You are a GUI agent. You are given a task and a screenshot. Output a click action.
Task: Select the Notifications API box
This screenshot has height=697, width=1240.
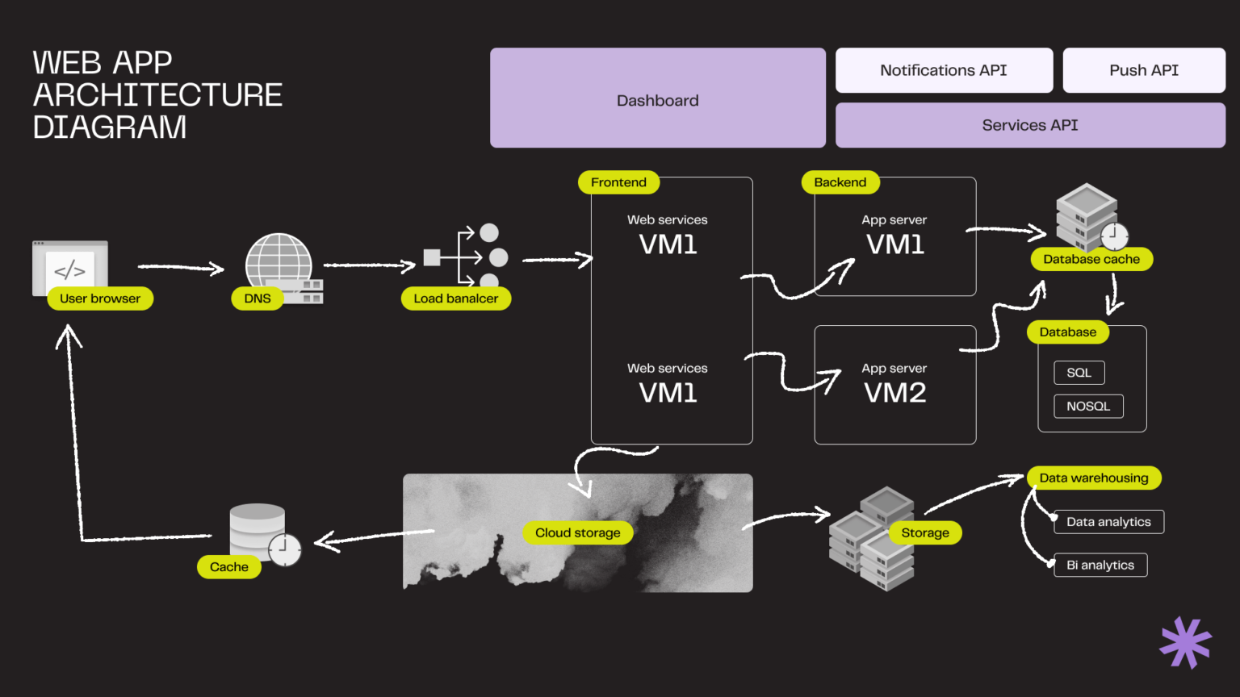coord(944,70)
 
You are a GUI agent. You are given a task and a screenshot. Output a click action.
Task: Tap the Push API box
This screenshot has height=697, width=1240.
coord(1143,70)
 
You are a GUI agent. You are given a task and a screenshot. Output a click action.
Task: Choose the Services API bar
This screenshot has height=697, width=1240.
coord(1029,125)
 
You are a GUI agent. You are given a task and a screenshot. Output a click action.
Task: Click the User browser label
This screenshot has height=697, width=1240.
coord(100,298)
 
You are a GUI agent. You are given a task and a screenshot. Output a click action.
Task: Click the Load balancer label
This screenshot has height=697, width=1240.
coord(455,298)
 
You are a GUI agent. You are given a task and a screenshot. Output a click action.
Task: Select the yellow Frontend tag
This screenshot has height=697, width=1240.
coord(618,182)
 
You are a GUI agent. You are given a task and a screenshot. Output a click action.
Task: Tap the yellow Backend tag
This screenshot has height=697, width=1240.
coord(840,182)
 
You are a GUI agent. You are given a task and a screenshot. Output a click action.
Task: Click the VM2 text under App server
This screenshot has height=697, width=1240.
coord(894,393)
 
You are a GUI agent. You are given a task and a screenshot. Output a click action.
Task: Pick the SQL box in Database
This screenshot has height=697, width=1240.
coord(1079,373)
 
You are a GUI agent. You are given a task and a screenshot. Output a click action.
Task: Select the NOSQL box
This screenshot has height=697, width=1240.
coord(1088,407)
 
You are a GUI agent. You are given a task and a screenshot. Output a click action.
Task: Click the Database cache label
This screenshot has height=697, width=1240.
coord(1091,259)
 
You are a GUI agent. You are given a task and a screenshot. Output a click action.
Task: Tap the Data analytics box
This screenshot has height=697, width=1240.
coord(1108,522)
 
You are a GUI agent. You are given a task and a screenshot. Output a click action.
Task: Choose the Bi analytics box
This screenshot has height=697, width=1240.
coord(1100,566)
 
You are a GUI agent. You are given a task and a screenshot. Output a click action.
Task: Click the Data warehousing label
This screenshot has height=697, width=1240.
coord(1093,478)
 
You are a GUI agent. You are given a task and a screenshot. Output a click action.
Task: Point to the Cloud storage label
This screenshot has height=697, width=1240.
coord(577,532)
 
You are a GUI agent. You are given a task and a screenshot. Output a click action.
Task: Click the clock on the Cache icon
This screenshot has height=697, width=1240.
coord(284,549)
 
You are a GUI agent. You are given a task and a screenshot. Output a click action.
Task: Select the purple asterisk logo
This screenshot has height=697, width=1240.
coord(1185,642)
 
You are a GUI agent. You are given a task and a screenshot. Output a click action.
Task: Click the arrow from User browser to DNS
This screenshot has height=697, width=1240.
coord(181,267)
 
